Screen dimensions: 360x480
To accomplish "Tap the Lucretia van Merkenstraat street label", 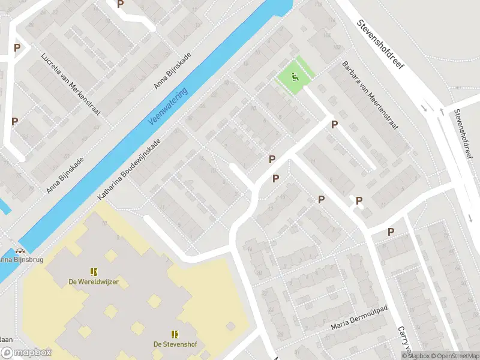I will [x=70, y=85].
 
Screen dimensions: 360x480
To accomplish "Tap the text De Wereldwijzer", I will [x=94, y=282].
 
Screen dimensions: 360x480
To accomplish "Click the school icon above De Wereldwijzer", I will [x=94, y=272].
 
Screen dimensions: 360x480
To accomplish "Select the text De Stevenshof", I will [x=175, y=344].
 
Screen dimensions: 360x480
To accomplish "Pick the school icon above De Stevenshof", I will [x=175, y=334].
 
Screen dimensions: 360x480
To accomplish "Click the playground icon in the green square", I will [x=294, y=77].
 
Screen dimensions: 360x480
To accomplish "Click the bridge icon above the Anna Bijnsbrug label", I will [x=22, y=251].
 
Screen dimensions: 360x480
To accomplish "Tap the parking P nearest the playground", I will [x=335, y=124].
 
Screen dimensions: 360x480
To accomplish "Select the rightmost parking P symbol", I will [x=391, y=232].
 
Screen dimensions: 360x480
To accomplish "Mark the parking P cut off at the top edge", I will [x=121, y=4].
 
